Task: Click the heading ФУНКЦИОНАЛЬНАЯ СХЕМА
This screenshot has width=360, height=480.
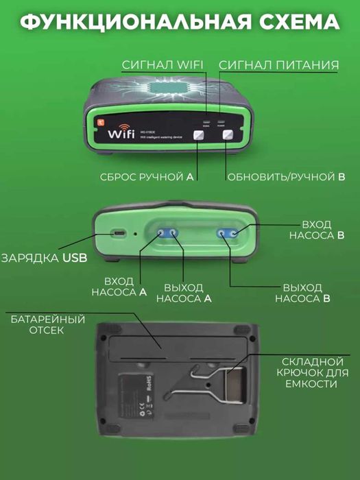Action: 180,22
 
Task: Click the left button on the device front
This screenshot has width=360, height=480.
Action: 204,135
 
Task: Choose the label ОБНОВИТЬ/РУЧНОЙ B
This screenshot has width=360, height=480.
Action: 285,177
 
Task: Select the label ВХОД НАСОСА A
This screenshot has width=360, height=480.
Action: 119,287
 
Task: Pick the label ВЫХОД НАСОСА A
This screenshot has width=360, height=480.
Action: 184,293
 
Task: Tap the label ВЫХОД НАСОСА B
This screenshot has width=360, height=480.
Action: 302,293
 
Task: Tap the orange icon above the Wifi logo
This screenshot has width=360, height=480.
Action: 99,117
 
